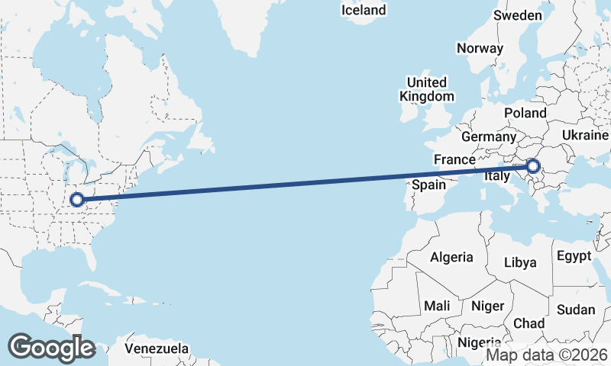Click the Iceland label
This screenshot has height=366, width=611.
coord(364,11)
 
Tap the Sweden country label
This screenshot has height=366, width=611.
coord(517,15)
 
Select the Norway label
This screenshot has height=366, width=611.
coord(480,48)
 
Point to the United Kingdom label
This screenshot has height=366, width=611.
coord(426,89)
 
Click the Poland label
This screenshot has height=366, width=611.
coord(525,113)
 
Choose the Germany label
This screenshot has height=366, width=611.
coord(489,136)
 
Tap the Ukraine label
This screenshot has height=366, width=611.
coord(585,134)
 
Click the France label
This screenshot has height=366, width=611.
coord(454,159)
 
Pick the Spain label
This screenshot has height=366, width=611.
coord(428,185)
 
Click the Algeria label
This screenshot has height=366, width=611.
coord(451,257)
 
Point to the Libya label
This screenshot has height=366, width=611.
coord(520,262)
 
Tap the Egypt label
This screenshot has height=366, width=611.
coord(574,255)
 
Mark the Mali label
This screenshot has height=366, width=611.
coord(437,305)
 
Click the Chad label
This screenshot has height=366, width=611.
coord(529,323)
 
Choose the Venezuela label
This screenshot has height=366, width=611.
coord(157,348)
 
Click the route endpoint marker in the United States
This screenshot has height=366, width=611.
coord(76,200)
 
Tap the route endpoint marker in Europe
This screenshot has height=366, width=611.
coord(533,166)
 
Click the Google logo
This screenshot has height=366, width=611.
coord(51,348)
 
